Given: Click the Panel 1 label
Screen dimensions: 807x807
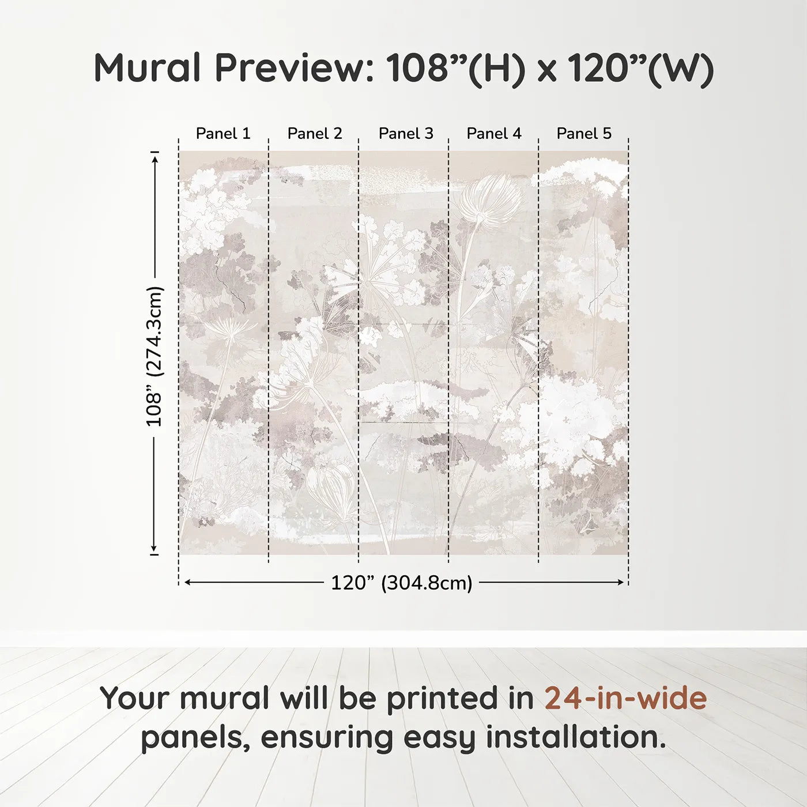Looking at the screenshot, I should (223, 134).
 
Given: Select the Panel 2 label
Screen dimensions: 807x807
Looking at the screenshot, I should (315, 134).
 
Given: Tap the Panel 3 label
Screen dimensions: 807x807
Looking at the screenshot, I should (406, 134).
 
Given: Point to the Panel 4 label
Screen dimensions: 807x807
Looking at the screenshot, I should (494, 134).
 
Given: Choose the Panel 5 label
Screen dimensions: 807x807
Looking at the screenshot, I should (584, 134).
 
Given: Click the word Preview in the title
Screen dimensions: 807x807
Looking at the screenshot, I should (295, 68).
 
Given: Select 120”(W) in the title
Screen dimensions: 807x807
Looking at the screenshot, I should (640, 68).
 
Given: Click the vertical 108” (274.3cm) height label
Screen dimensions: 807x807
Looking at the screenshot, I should (154, 356).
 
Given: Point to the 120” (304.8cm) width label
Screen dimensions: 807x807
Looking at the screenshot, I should (401, 583).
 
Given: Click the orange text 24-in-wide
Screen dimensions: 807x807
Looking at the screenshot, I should (625, 698).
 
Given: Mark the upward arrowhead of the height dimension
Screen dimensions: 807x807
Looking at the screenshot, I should (154, 158).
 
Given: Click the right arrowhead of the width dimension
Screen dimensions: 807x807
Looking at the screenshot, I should (621, 583).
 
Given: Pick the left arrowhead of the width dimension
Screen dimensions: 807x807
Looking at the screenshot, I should (187, 583).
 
